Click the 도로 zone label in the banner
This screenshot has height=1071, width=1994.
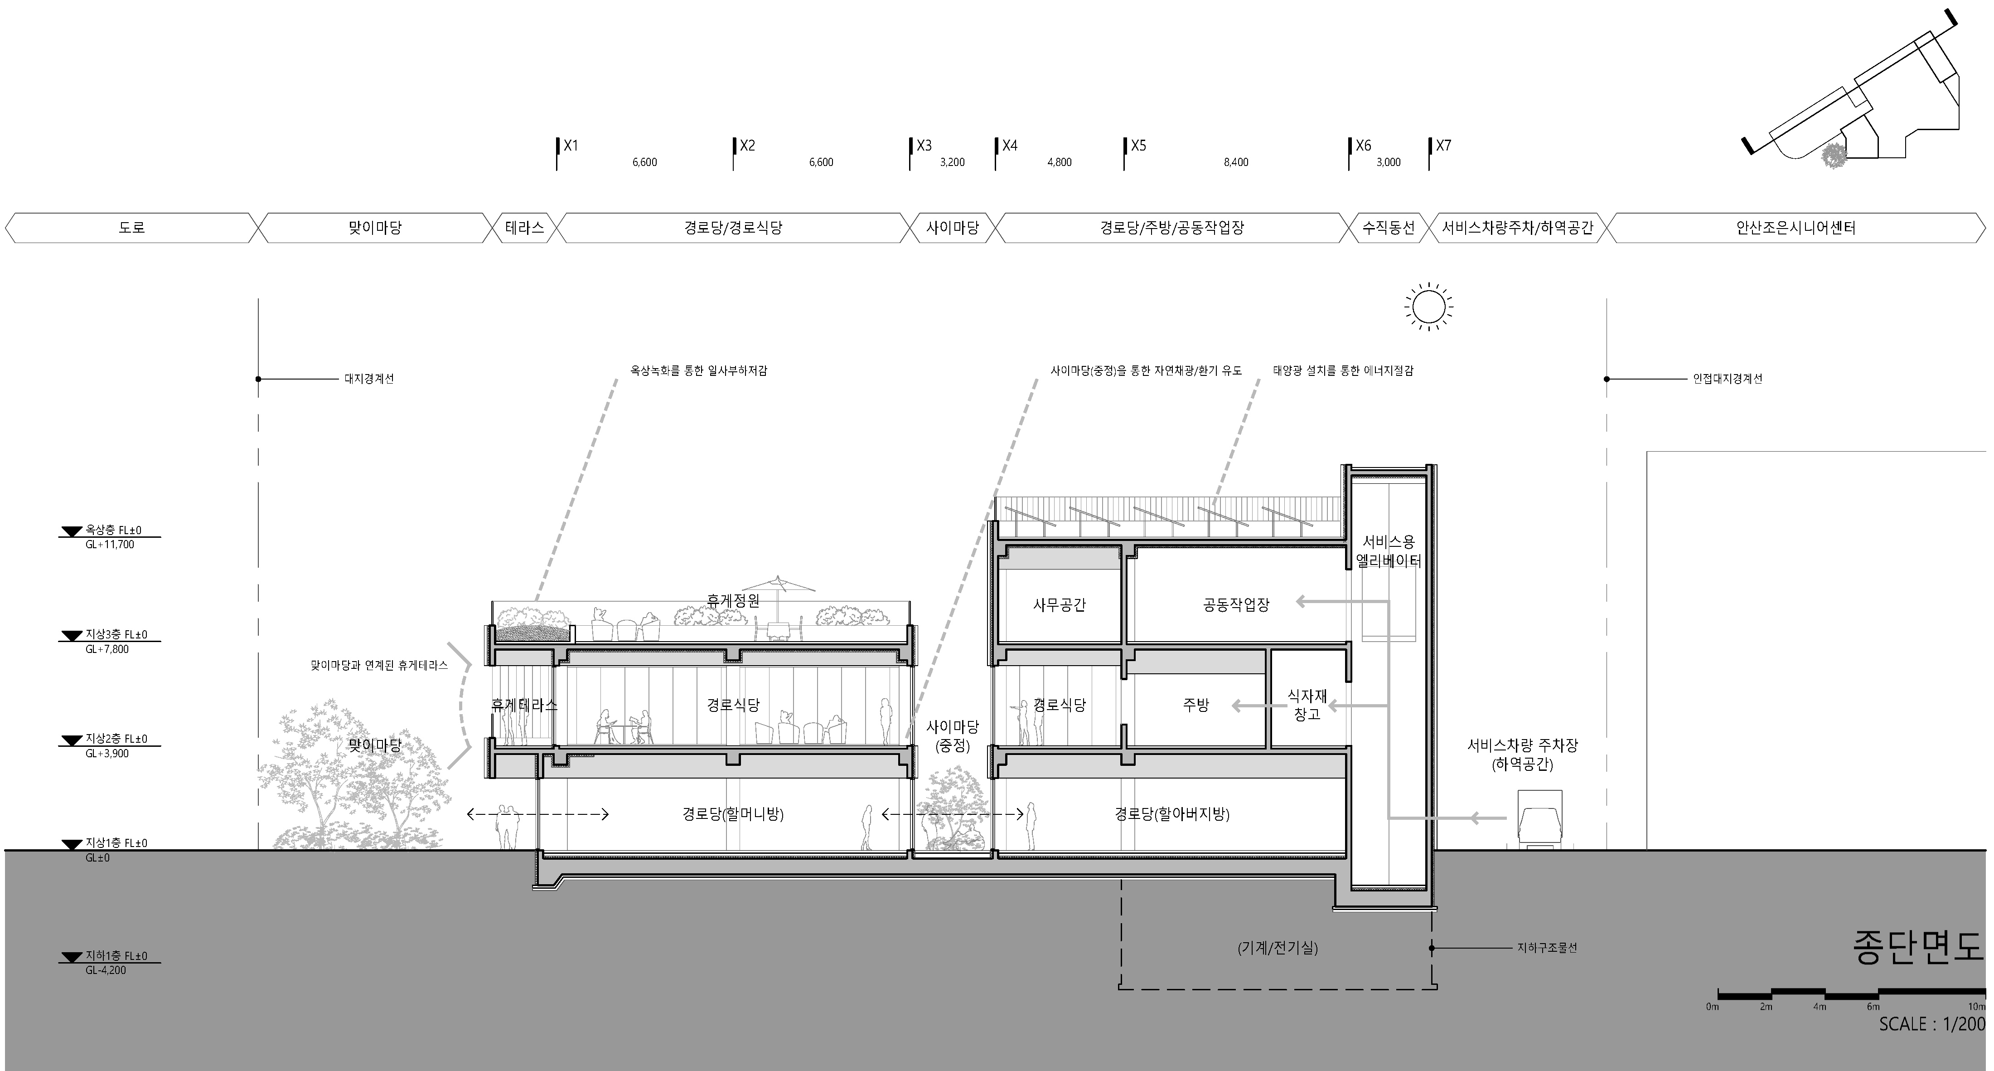(x=132, y=228)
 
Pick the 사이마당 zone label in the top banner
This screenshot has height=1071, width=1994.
(x=953, y=228)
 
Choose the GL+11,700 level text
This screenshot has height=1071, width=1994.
(x=110, y=545)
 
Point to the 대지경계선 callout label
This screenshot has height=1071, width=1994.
(x=369, y=380)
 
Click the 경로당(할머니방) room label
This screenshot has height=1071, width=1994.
(x=733, y=814)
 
